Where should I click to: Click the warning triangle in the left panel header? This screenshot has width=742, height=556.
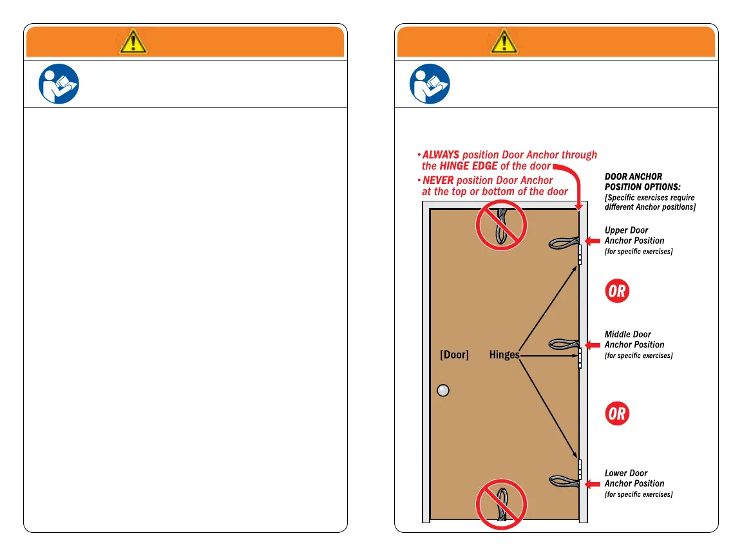[x=133, y=41]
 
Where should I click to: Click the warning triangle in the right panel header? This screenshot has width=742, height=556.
[x=504, y=41]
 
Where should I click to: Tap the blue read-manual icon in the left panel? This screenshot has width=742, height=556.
[x=59, y=84]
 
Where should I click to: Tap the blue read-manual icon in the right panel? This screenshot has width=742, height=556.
[x=430, y=84]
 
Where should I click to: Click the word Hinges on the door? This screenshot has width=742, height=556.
[x=504, y=355]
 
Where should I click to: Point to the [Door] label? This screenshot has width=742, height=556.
[x=454, y=355]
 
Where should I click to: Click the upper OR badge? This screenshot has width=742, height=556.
[x=616, y=291]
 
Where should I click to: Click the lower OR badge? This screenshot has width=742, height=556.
[x=616, y=413]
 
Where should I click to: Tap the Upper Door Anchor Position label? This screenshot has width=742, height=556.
[x=634, y=236]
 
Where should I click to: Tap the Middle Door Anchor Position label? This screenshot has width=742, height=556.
[x=634, y=340]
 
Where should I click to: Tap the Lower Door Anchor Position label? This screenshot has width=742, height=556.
[x=634, y=478]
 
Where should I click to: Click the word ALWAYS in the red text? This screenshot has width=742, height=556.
[x=441, y=155]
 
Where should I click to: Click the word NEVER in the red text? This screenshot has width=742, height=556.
[x=438, y=181]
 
